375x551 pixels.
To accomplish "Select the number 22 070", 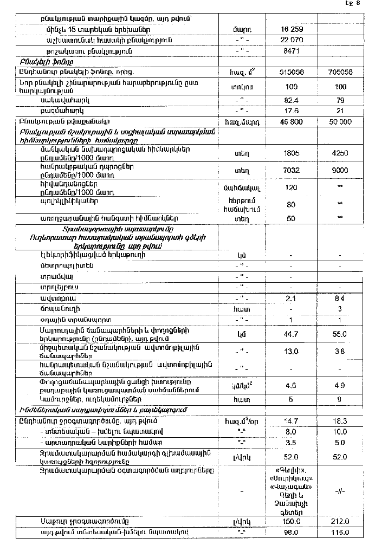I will point(292,40).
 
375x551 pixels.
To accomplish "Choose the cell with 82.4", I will point(292,101).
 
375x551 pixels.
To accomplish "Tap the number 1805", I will point(292,153).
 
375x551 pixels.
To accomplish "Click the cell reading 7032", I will point(292,171).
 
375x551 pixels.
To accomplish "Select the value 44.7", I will point(292,334).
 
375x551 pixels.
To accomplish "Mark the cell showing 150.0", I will point(292,522).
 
